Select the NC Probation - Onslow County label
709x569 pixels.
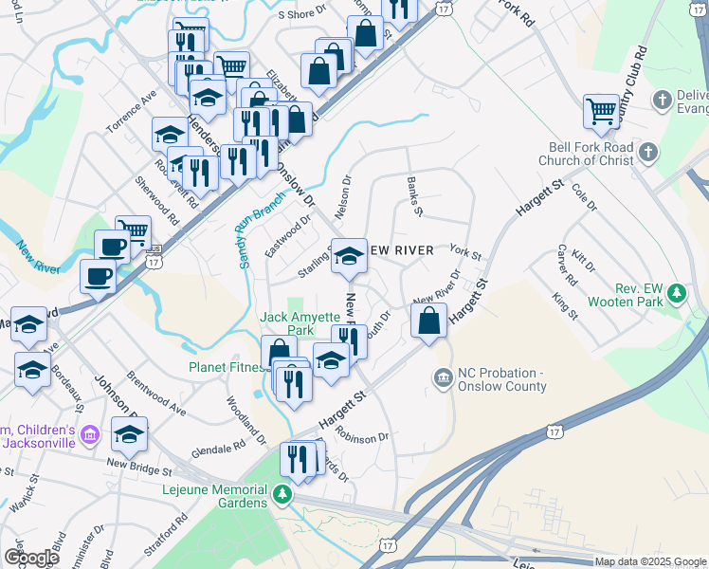tap(501, 379)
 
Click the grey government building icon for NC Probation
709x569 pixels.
tap(443, 378)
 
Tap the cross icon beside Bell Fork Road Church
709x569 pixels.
tap(647, 153)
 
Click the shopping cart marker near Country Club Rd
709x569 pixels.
tap(601, 112)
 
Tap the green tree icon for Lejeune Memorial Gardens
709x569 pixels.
tap(282, 494)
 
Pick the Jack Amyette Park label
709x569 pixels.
tap(300, 323)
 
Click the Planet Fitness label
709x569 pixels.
tap(226, 367)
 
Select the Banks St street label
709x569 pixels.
tap(413, 195)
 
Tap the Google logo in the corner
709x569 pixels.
tap(30, 558)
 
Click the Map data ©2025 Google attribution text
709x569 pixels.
tap(649, 561)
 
